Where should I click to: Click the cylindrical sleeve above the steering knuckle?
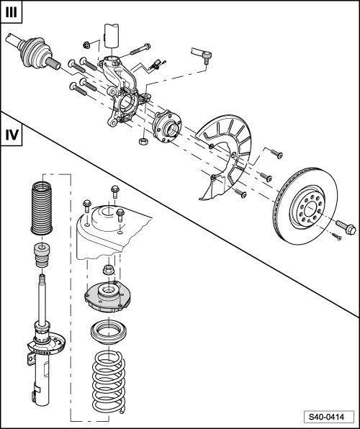pyautogui.click(x=112, y=35)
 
